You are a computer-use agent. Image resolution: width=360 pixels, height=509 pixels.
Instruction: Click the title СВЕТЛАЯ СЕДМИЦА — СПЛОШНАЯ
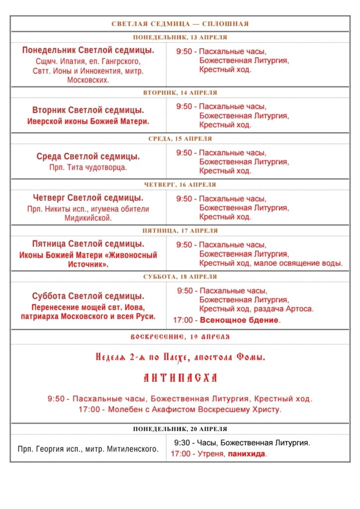click(180, 24)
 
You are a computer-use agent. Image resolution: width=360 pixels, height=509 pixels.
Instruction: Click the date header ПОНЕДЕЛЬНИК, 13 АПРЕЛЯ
click(180, 37)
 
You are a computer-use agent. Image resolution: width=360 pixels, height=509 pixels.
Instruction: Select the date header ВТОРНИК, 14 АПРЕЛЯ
click(180, 93)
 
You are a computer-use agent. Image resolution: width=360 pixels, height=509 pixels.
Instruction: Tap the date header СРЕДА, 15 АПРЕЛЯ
click(180, 139)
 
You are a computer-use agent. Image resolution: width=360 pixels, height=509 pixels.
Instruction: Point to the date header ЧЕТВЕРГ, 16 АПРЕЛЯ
click(180, 185)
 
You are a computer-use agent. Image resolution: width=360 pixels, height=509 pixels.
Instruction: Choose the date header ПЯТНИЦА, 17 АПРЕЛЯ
click(180, 231)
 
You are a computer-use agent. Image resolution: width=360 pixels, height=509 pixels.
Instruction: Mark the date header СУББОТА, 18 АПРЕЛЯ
click(180, 277)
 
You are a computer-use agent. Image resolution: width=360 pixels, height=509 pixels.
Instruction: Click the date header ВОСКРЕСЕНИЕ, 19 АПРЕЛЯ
click(180, 337)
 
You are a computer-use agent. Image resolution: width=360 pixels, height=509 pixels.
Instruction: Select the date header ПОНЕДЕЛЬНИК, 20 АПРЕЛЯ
click(180, 429)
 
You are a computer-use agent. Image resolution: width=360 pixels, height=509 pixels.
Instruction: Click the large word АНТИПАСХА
click(180, 378)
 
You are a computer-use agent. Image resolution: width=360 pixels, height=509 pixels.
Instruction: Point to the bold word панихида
click(247, 454)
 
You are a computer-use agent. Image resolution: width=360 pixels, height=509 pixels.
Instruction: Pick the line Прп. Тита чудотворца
click(88, 168)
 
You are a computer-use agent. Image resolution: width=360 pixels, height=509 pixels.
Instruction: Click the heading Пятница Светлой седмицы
click(88, 244)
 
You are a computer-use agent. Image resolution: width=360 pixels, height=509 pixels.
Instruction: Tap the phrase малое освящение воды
click(298, 263)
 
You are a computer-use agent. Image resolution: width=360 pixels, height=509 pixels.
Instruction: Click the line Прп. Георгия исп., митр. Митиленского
click(88, 449)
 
